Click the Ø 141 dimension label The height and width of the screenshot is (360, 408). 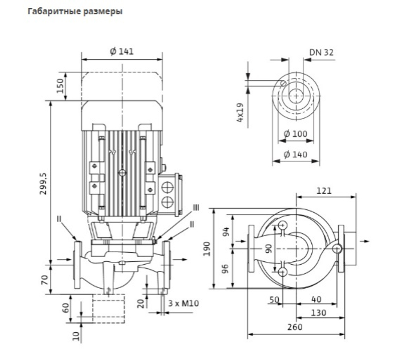[122, 51]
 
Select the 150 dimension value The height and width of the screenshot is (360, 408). [60, 86]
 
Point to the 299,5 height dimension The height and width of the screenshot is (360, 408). [43, 183]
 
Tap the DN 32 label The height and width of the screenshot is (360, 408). [321, 53]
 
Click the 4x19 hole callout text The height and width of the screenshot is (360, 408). [240, 113]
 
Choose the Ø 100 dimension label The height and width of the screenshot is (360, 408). [295, 134]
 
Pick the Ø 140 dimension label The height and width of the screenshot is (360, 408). [295, 155]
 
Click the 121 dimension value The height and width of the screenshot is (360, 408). [324, 191]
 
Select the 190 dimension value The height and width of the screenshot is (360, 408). [206, 249]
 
